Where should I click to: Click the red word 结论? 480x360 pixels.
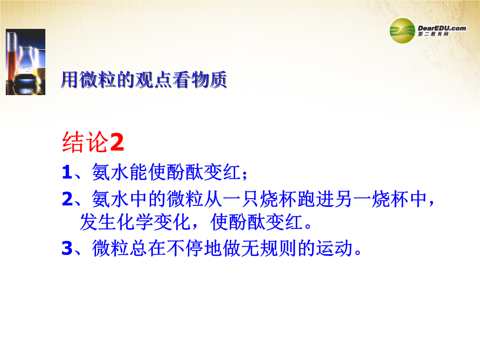click(x=85, y=142)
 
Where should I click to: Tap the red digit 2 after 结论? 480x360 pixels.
click(x=117, y=142)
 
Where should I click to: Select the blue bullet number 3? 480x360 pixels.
click(x=67, y=248)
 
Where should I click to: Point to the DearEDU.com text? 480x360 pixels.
click(x=442, y=28)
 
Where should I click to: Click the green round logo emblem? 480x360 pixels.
click(x=402, y=31)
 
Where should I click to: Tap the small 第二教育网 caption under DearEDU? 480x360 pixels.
click(x=433, y=34)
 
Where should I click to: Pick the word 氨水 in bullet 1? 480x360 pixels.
click(x=110, y=172)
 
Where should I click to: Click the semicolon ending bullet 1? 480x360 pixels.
click(x=244, y=175)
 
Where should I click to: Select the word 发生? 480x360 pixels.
click(x=98, y=222)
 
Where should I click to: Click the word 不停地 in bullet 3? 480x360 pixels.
click(x=194, y=248)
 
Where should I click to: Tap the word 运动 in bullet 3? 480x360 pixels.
click(x=334, y=248)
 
